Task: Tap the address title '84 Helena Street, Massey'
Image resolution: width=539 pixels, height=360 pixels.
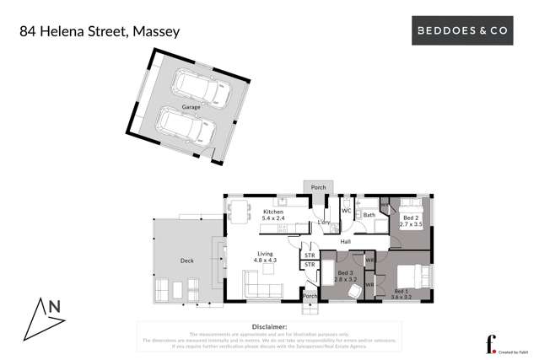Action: coord(100,32)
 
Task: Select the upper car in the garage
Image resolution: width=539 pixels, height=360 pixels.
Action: coord(196,88)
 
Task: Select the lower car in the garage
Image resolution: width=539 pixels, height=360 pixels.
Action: coord(185,131)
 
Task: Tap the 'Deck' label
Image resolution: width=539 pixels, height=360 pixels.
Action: coord(186,261)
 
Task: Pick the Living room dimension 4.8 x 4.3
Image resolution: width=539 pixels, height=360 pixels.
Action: coord(265,261)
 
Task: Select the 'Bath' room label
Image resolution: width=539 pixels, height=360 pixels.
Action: coord(369,215)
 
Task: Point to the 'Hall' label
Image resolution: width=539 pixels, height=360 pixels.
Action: coord(346,241)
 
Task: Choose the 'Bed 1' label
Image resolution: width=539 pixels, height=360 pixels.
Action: coord(400,291)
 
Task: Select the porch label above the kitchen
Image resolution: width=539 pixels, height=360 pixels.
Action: coord(318,187)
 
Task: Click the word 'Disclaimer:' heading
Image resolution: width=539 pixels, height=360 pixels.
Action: coord(269,325)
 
